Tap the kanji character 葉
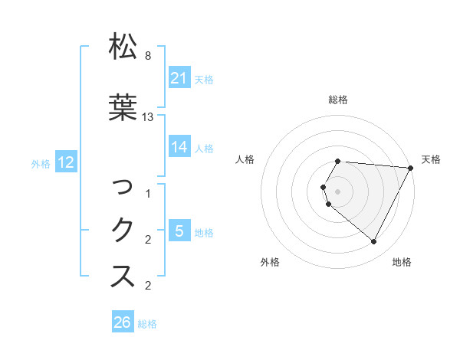(123, 107)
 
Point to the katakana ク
(123, 230)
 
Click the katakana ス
(123, 277)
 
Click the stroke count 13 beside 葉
(148, 117)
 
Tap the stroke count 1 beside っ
(148, 194)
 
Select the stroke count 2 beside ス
(148, 286)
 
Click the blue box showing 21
(179, 78)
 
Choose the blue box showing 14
(179, 147)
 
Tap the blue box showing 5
(179, 231)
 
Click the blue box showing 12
(65, 162)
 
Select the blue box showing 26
(122, 323)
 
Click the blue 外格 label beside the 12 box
(41, 163)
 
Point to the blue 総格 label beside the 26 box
(147, 324)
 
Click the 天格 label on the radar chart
(431, 159)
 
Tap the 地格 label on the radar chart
(402, 262)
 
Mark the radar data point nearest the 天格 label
(411, 168)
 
